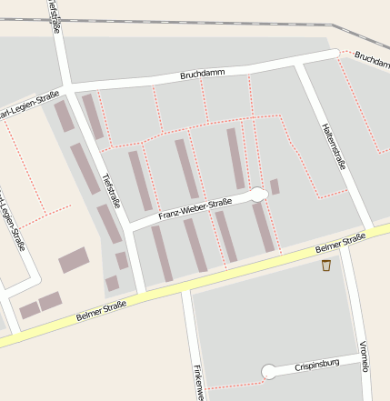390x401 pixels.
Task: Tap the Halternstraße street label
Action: [x=334, y=147]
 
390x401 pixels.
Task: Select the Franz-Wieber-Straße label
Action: [x=195, y=209]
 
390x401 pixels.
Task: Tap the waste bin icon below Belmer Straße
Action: [x=325, y=266]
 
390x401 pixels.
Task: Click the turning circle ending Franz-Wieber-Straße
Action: [x=258, y=194]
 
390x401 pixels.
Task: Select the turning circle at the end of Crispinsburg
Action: [x=268, y=371]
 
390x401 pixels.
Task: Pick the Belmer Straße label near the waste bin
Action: [x=340, y=243]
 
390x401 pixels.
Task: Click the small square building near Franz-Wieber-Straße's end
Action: [x=275, y=185]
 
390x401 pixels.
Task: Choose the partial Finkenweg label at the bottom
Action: [x=197, y=382]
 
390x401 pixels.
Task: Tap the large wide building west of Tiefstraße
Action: [x=74, y=260]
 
